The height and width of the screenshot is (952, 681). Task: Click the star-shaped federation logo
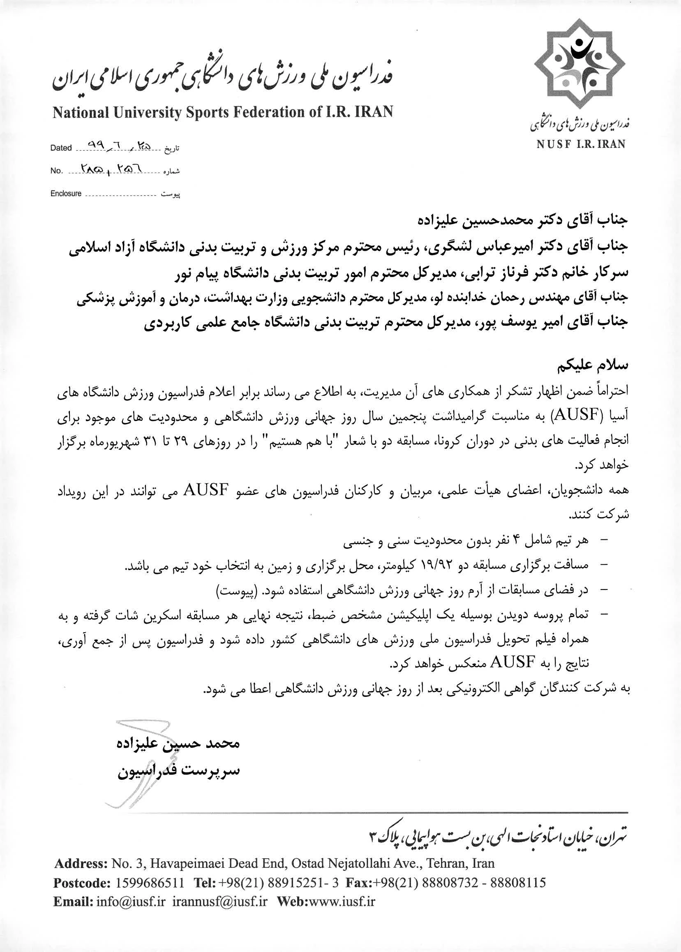pyautogui.click(x=579, y=64)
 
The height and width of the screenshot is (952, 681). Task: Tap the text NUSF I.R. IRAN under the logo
pyautogui.click(x=580, y=145)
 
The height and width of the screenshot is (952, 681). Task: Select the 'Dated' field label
pyautogui.click(x=61, y=148)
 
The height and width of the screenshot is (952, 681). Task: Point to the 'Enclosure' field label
pyautogui.click(x=66, y=194)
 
